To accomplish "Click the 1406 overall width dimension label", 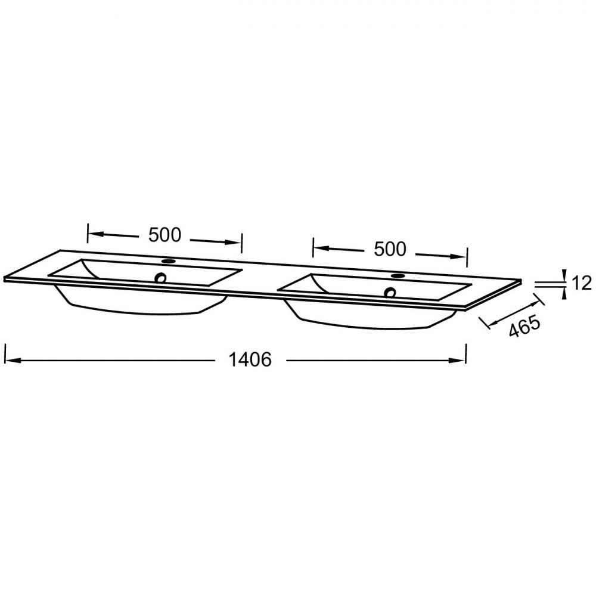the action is pos(250,359).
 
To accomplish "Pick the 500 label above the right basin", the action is pos(390,249).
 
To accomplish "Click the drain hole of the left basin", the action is pos(161,278).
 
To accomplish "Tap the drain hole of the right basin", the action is pos(390,292).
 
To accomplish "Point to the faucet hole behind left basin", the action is pos(167,261).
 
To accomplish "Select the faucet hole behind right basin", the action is pos(398,275).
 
